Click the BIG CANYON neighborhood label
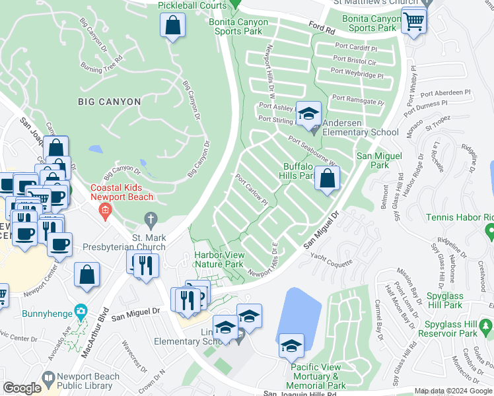tap(109, 102)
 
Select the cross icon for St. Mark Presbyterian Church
tap(151, 219)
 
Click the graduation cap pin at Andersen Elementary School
tap(308, 114)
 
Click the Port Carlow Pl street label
tap(252, 189)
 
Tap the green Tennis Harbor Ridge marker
tap(489, 231)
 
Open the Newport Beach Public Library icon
tap(47, 377)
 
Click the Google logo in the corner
tap(22, 388)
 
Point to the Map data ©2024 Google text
tap(452, 391)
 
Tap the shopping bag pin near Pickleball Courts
tap(172, 27)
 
